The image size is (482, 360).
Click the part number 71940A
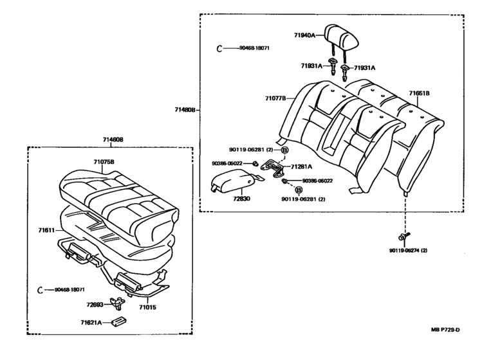click(304, 36)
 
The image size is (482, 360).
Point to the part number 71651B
click(419, 94)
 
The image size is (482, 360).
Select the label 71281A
click(303, 166)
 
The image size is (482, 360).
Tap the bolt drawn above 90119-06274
click(403, 237)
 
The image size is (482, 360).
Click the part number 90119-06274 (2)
click(408, 249)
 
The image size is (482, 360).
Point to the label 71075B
click(104, 161)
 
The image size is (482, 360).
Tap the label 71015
click(149, 300)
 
